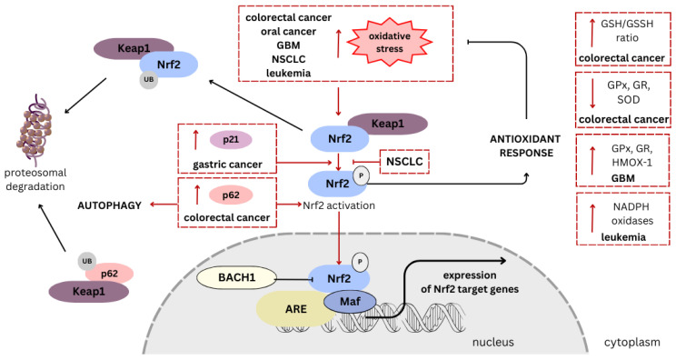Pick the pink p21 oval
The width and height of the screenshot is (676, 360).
231,140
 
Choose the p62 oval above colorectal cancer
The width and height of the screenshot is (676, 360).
231,195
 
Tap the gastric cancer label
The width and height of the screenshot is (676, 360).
223,164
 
